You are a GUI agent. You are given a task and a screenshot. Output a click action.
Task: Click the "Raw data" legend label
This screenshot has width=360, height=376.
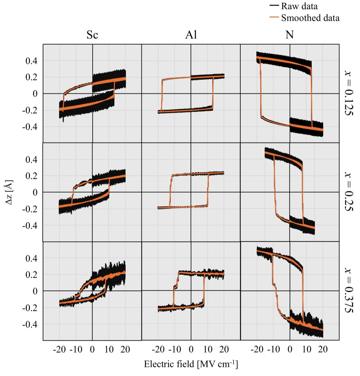click(299, 6)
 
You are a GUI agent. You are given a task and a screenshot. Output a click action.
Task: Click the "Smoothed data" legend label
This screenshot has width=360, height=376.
click(310, 18)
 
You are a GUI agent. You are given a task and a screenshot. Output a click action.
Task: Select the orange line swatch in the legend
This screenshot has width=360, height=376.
click(274, 18)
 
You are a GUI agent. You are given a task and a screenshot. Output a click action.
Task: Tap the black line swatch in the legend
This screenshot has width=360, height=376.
click(274, 6)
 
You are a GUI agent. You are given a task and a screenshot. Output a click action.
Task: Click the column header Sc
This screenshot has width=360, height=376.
click(92, 35)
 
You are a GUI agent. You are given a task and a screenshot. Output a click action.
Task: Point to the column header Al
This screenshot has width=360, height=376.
click(191, 35)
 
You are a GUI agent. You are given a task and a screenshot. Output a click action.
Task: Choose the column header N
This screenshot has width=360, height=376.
click(290, 35)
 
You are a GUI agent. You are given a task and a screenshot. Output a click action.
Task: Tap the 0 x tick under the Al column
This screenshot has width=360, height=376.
click(191, 349)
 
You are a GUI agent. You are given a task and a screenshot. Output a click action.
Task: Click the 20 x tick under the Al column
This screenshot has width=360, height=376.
click(224, 349)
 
